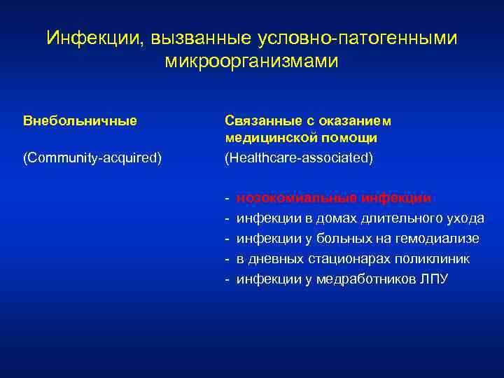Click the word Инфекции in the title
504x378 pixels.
[92, 38]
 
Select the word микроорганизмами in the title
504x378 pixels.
[251, 62]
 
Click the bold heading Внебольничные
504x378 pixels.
[80, 120]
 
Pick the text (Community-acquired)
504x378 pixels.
[92, 158]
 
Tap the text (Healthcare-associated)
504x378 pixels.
[299, 158]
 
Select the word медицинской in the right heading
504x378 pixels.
[267, 138]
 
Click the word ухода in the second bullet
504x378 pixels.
[465, 218]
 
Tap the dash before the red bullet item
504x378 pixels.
[227, 198]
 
